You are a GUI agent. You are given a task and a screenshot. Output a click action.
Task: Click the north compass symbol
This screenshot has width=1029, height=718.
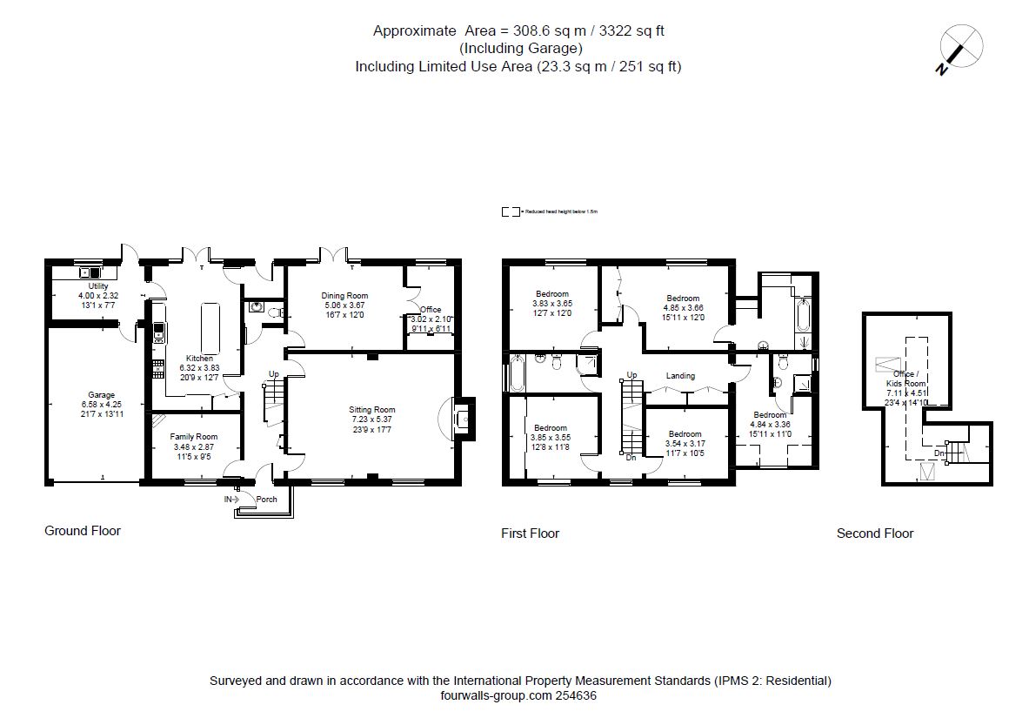click(961, 48)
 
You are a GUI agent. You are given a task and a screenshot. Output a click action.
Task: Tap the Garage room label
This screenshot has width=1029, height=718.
click(101, 395)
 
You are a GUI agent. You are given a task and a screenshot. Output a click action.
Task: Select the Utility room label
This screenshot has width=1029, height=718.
click(97, 286)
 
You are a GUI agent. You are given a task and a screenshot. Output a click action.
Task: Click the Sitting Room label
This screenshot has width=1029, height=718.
click(372, 410)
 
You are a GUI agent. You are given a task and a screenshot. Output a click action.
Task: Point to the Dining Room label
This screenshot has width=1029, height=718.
click(344, 296)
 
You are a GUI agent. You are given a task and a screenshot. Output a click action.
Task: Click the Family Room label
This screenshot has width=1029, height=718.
click(193, 437)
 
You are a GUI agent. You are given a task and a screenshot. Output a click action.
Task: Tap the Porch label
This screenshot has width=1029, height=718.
click(266, 500)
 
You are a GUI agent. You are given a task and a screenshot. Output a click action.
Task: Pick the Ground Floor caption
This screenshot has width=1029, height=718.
click(83, 531)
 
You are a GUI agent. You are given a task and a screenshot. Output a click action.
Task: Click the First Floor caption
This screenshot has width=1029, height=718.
click(530, 533)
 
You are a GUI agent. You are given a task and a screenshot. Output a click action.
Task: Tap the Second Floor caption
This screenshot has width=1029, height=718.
click(875, 533)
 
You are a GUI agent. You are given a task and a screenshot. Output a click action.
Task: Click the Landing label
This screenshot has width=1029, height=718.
click(680, 376)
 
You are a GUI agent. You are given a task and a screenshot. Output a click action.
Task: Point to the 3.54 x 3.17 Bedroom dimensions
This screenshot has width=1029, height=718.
click(685, 444)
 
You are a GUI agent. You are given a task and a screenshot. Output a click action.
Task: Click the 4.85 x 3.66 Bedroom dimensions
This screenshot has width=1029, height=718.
click(683, 307)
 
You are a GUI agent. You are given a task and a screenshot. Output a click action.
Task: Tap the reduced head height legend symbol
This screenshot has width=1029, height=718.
click(511, 211)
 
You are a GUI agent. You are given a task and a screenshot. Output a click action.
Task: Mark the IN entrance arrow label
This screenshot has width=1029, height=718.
click(230, 500)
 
